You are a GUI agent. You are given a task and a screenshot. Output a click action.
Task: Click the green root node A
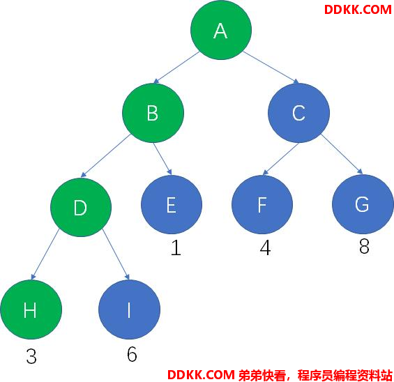[x=221, y=30]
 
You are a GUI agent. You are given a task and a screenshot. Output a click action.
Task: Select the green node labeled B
[x=153, y=113]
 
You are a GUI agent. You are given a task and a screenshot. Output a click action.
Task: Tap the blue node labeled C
[x=298, y=113]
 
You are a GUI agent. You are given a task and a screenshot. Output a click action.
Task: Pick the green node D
[x=81, y=208]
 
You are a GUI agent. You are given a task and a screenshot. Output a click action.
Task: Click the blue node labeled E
[x=172, y=205]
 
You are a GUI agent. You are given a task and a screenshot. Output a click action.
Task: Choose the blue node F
[x=262, y=205]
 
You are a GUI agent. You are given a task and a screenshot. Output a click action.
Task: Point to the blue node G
[x=363, y=204]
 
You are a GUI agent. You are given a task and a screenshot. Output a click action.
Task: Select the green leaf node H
[x=31, y=310]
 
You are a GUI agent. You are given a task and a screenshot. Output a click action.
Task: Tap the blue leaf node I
[x=129, y=310]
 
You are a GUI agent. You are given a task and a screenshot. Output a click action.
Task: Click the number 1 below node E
[x=176, y=247]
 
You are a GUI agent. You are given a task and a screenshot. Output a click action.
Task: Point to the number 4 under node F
[x=266, y=247]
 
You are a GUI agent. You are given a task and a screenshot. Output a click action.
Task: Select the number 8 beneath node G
[x=364, y=246]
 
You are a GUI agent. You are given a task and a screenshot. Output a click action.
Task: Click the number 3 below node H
[x=31, y=356]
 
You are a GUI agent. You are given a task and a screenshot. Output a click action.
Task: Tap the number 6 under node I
[x=132, y=354]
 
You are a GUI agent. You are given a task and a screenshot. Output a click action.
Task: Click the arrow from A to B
[x=176, y=68]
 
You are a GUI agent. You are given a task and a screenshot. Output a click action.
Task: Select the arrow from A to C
[x=271, y=68]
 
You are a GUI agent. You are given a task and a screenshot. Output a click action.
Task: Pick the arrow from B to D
[x=106, y=155]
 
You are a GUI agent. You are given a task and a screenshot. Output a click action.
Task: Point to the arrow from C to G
[x=342, y=154]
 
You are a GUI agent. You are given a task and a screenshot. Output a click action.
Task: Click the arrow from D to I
[x=116, y=254]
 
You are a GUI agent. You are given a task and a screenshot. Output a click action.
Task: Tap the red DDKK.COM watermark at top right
[x=358, y=10]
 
